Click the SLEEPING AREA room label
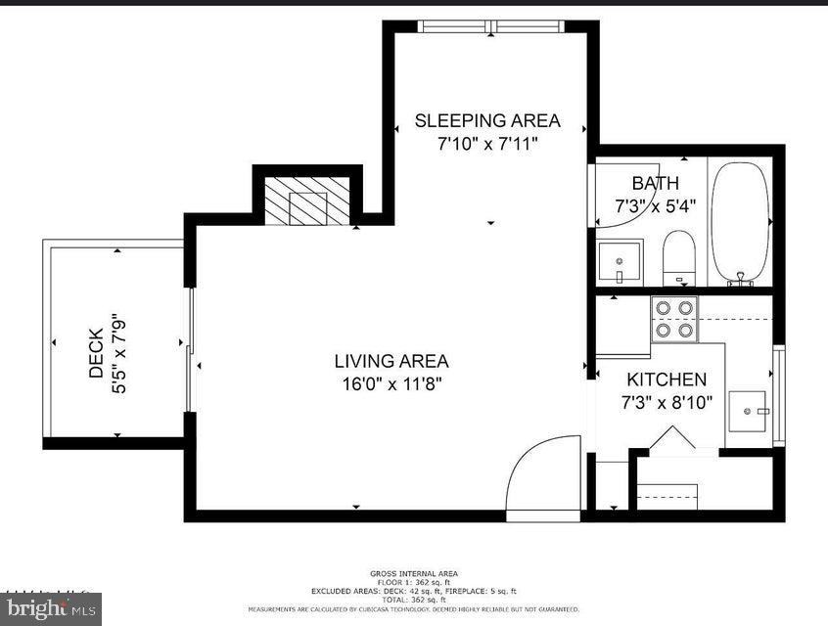487,120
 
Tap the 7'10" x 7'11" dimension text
487,144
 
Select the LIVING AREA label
391,361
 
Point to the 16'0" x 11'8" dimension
391,383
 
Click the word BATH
655,183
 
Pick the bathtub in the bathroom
740,223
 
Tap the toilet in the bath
678,257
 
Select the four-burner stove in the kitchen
675,319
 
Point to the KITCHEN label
667,380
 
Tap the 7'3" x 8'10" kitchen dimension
667,402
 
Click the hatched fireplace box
307,201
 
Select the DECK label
96,353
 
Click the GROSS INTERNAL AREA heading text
413,574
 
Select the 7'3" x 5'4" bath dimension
655,206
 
